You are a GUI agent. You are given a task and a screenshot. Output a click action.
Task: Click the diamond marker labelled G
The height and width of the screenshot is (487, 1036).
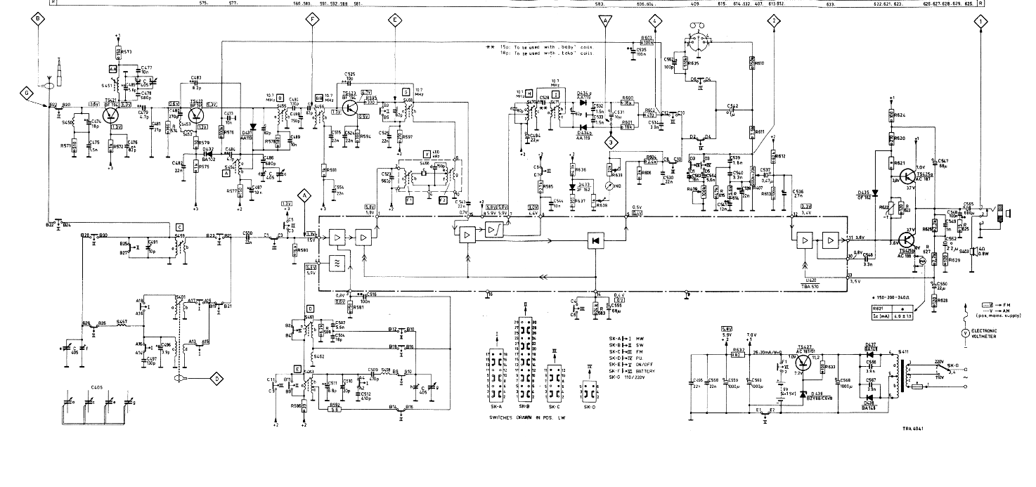[x=27, y=93]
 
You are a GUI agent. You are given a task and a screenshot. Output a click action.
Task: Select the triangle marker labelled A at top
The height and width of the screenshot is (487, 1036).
[x=602, y=22]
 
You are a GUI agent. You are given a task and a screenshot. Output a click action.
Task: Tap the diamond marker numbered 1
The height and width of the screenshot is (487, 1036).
[x=979, y=22]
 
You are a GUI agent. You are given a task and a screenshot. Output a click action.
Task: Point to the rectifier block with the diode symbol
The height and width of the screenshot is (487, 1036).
[x=595, y=241]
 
